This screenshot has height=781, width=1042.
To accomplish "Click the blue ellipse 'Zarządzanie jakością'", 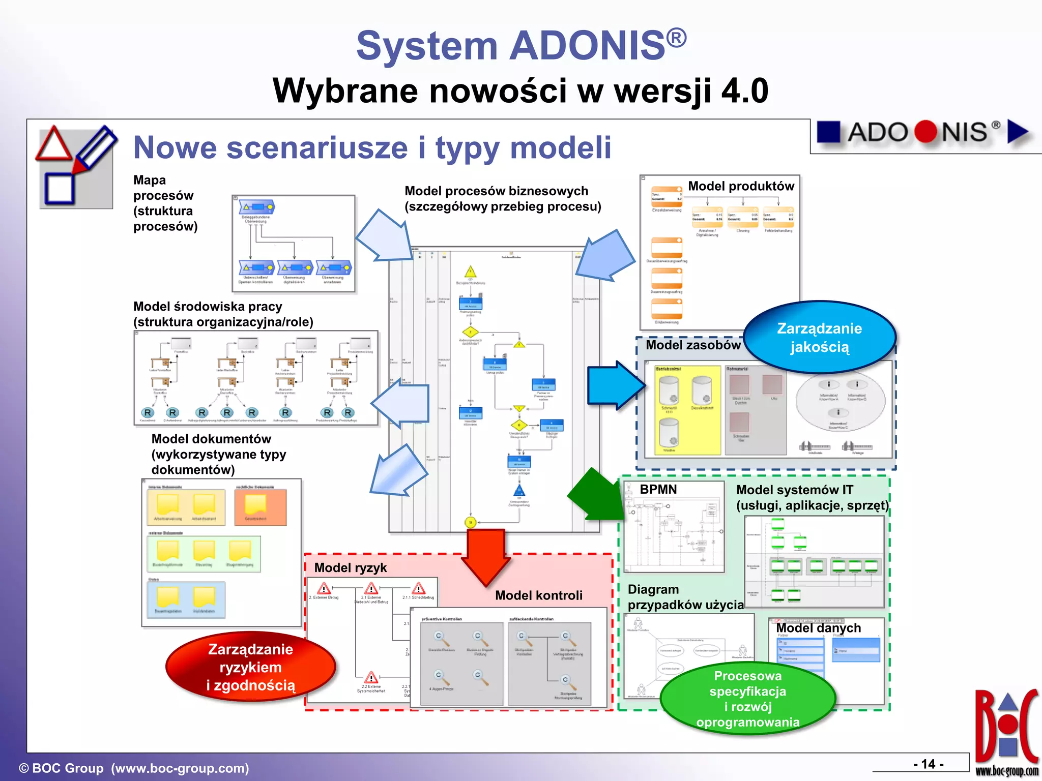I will [819, 338].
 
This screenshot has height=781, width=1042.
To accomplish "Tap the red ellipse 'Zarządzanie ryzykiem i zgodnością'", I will [250, 667].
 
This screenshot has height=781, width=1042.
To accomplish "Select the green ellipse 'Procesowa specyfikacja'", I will [747, 699].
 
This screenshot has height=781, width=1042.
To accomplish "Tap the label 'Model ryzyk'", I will [350, 568].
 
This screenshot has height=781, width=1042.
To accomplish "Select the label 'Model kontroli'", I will [538, 595].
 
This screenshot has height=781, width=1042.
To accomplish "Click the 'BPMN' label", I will [658, 490].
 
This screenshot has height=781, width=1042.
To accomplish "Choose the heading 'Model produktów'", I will [741, 186].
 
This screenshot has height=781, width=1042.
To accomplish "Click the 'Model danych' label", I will [818, 628].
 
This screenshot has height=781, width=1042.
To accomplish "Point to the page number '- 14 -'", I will [928, 764].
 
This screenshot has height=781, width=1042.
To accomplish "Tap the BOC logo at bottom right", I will [1006, 732].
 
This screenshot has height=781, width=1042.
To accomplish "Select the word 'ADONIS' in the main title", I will [588, 46].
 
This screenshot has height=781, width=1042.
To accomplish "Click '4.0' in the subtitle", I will [744, 92].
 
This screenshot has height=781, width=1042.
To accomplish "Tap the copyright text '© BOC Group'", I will [61, 768].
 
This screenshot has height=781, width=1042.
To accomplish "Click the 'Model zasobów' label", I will [693, 345].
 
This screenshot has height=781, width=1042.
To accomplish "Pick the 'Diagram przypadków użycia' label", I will [685, 597].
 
